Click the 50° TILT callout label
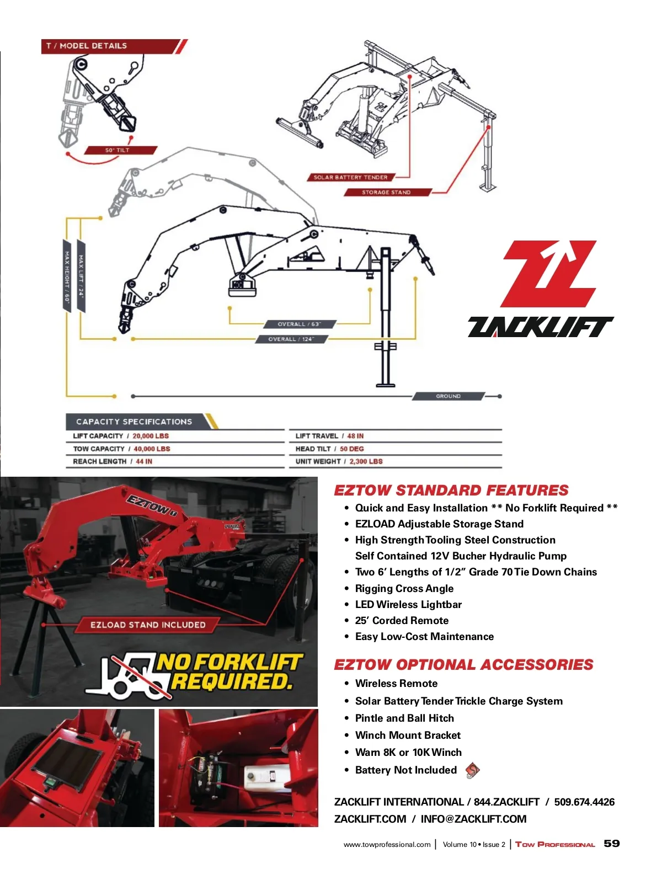(x=118, y=150)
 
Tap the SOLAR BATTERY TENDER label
(x=350, y=177)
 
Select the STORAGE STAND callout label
(x=386, y=192)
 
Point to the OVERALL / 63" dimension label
(x=299, y=324)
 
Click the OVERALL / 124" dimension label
(x=291, y=339)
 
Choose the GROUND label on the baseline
(x=448, y=396)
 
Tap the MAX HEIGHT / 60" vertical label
(x=67, y=276)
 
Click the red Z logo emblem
(x=549, y=273)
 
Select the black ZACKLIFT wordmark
(x=541, y=327)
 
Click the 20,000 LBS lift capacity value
(x=151, y=436)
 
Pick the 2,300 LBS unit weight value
(x=366, y=461)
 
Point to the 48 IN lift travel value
(x=355, y=436)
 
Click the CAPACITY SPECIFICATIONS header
(x=134, y=422)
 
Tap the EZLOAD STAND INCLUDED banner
(x=148, y=625)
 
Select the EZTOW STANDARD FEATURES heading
(x=451, y=490)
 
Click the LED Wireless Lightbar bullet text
(x=408, y=604)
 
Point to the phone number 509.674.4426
(x=584, y=802)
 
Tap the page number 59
(x=612, y=843)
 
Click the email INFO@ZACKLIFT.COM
(x=473, y=819)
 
